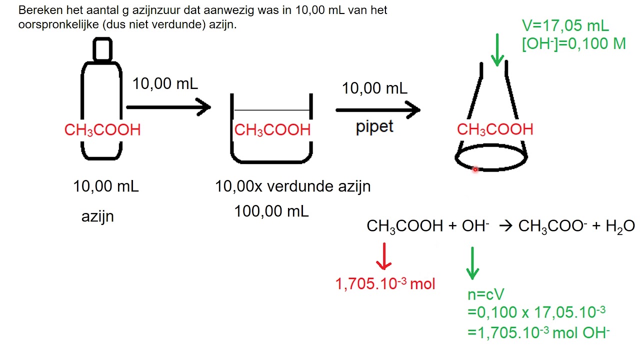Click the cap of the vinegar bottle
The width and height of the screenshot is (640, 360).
pos(102,49)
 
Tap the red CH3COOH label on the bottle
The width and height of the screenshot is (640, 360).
pos(102,130)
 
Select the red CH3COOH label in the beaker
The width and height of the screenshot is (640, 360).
pos(272,130)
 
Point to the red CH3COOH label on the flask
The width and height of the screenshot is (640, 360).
pos(495,129)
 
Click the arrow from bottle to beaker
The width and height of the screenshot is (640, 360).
pos(168,107)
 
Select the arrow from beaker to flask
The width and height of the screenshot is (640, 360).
pos(378,109)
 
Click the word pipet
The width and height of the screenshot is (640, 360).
pos(374,126)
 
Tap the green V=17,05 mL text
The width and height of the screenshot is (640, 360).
pos(565,26)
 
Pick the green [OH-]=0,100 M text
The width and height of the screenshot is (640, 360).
pos(573,44)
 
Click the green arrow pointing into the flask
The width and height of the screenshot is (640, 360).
pos(497,50)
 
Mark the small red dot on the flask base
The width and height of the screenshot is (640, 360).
pos(475,169)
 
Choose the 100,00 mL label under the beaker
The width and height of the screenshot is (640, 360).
pos(271,211)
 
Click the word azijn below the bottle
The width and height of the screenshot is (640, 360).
pos(97,217)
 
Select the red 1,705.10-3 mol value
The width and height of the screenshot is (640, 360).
pos(385,283)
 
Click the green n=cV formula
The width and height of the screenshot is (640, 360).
pos(486,294)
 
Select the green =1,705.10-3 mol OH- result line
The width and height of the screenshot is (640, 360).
pos(538,332)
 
